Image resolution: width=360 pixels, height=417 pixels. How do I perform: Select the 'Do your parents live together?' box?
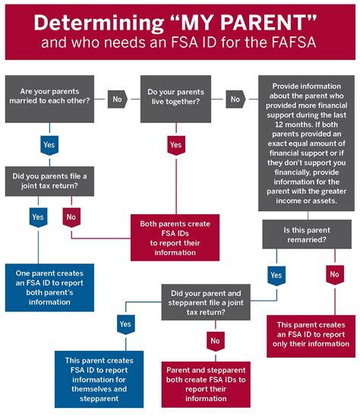click(x=176, y=98)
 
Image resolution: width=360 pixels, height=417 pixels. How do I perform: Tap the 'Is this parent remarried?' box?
click(x=305, y=234)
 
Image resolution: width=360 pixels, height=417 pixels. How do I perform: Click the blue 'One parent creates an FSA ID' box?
click(x=49, y=287)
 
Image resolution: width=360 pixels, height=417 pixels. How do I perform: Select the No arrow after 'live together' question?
click(x=235, y=98)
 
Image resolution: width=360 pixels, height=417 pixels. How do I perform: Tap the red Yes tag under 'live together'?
click(x=176, y=144)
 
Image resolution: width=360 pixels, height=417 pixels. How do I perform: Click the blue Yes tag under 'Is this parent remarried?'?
click(x=276, y=274)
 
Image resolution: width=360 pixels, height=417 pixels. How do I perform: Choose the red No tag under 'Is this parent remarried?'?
click(x=335, y=274)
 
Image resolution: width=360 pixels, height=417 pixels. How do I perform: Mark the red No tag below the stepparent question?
click(x=216, y=340)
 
